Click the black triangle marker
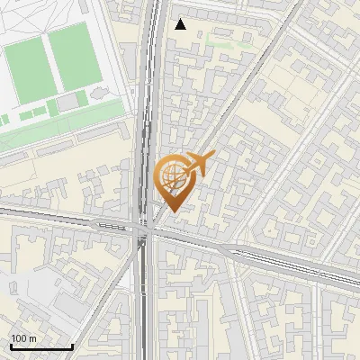181,24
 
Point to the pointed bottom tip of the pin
172,212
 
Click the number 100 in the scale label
18,338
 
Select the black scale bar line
41,346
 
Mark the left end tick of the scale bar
11,346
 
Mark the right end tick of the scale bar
72,346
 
